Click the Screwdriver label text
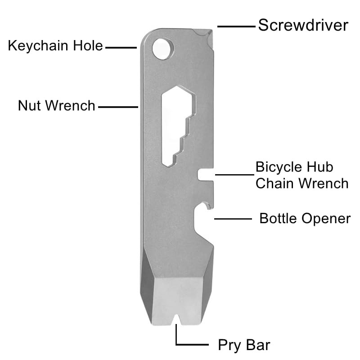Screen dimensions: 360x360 [303, 25]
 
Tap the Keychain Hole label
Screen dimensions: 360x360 [55, 46]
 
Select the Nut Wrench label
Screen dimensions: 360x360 [57, 106]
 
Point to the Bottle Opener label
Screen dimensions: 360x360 [305, 218]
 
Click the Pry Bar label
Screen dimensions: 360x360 [244, 345]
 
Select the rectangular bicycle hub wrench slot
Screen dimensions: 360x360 [206, 175]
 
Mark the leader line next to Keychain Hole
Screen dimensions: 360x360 [121, 47]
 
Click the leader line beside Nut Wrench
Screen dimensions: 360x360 [117, 107]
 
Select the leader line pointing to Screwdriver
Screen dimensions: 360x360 [235, 26]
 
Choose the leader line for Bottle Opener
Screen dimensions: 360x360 [233, 219]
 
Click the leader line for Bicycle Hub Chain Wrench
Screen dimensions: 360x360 [234, 175]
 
